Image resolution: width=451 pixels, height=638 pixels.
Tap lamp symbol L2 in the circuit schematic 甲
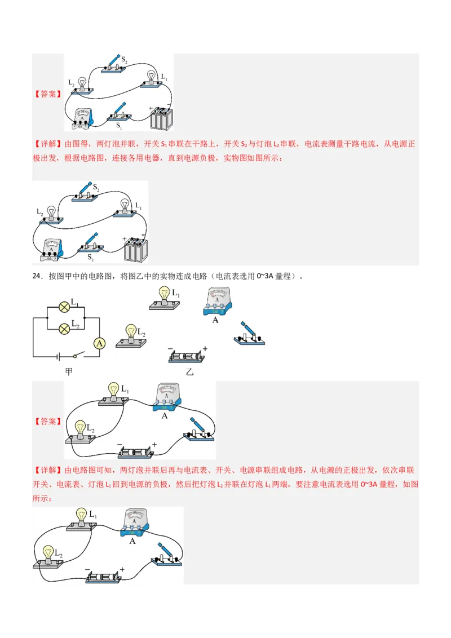coord(65,327)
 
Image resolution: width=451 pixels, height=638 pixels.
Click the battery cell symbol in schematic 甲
coord(58,356)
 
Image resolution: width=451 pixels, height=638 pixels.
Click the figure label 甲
coord(69,372)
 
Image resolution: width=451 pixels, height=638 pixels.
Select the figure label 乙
coord(189,372)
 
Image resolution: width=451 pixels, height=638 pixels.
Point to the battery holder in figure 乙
coord(185,356)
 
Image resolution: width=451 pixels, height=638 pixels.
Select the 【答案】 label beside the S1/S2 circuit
coord(47,94)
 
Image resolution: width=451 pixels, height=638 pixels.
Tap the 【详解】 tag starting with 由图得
coord(47,144)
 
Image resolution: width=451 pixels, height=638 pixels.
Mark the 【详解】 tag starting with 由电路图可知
coord(47,470)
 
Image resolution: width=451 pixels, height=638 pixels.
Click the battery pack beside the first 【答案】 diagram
coord(162,118)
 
